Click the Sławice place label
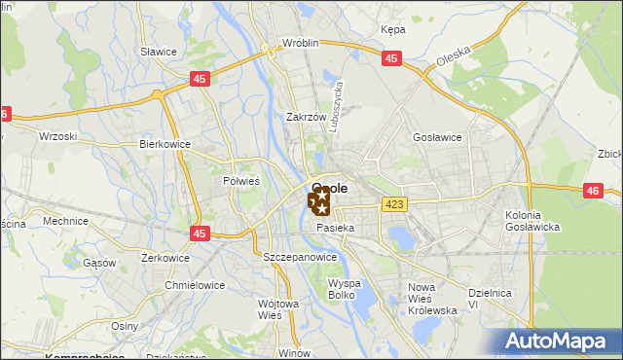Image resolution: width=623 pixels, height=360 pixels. coord(157,51)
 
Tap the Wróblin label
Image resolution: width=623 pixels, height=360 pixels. coord(301,44)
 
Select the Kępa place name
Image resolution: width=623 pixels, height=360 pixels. coord(393,29)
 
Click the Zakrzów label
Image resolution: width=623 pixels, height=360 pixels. coord(305,117)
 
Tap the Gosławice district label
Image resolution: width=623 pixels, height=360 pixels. coord(437,138)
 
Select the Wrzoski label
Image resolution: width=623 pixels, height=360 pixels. coord(56,136)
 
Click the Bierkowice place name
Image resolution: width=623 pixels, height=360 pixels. coord(165,144)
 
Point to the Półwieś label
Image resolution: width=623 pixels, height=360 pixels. coord(241,180)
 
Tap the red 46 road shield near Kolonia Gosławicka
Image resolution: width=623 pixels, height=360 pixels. coord(593,191)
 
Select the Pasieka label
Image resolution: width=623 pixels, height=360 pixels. coord(335,228)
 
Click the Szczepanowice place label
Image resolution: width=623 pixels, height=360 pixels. coord(300,257)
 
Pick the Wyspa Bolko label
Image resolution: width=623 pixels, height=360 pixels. coord(345,288)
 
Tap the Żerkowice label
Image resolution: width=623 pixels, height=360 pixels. coord(137,258)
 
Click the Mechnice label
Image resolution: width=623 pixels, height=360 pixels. coord(66,221)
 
